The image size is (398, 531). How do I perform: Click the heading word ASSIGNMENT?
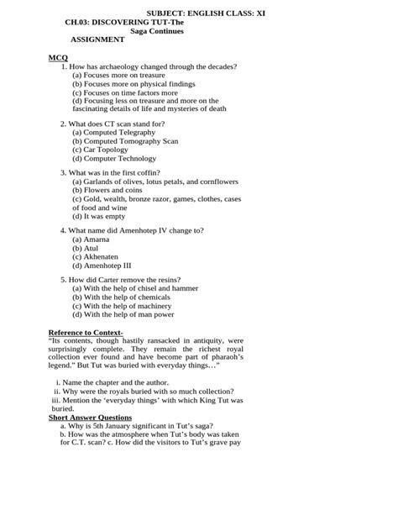(97, 39)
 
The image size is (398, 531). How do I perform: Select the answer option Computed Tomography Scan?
(125, 141)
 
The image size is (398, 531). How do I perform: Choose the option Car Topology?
(105, 150)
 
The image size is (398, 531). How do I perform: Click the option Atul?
(85, 248)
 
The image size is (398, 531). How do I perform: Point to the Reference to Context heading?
(86, 333)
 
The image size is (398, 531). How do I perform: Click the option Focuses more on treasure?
(118, 75)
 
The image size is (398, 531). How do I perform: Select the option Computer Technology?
(114, 158)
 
